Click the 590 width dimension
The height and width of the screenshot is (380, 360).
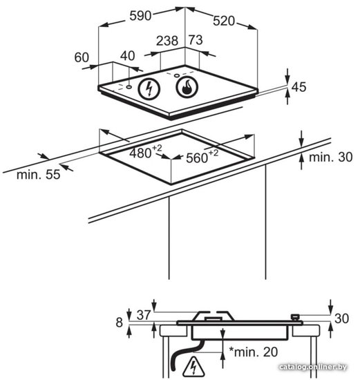pyautogui.click(x=140, y=16)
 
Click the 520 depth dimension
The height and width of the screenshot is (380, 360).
pyautogui.click(x=224, y=21)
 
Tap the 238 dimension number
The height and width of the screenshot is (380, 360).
pyautogui.click(x=167, y=41)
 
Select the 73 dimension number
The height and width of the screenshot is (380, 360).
pyautogui.click(x=196, y=40)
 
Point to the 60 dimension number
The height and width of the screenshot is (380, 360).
pyautogui.click(x=82, y=57)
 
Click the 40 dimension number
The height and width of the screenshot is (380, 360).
pyautogui.click(x=128, y=56)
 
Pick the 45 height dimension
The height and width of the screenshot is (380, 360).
pyautogui.click(x=299, y=87)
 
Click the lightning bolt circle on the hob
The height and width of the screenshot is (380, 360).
pyautogui.click(x=149, y=88)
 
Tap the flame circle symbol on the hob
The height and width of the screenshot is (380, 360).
pyautogui.click(x=187, y=87)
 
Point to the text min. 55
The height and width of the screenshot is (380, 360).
pyautogui.click(x=38, y=175)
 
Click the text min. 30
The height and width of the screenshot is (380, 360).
pyautogui.click(x=331, y=157)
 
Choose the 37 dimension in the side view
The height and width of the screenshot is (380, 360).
pyautogui.click(x=144, y=315)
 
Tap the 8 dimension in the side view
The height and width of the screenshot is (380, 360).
pyautogui.click(x=120, y=323)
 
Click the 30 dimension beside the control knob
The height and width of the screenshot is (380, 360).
pyautogui.click(x=341, y=319)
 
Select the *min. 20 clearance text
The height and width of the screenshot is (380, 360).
pyautogui.click(x=254, y=352)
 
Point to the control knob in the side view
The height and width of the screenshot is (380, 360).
pyautogui.click(x=295, y=317)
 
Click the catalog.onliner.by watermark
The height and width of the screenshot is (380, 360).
pyautogui.click(x=313, y=367)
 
